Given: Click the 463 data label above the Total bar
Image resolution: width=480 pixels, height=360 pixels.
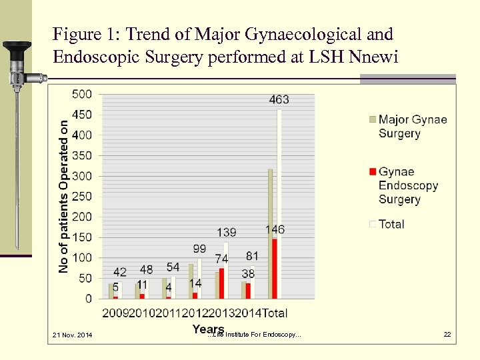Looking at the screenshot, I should (x=279, y=100).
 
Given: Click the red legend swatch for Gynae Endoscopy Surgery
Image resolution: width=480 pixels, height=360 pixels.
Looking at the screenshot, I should (x=373, y=172).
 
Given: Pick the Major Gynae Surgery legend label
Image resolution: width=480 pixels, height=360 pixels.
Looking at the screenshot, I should (x=412, y=126).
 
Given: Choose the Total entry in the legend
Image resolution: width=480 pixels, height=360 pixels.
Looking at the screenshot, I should (x=391, y=224).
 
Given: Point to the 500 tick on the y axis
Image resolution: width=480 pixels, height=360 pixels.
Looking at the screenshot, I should (x=82, y=94).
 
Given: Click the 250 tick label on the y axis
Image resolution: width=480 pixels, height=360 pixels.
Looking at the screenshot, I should (x=82, y=197).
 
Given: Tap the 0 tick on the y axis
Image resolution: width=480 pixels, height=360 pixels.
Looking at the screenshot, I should (x=88, y=299).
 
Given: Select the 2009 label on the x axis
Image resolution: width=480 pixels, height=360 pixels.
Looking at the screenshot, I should (x=115, y=313).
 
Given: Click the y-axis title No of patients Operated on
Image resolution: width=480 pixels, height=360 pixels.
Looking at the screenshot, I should (x=64, y=196).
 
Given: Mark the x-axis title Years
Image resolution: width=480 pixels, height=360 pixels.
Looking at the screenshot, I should (x=207, y=329).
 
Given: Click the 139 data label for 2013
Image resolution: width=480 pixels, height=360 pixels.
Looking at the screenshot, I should (x=226, y=233).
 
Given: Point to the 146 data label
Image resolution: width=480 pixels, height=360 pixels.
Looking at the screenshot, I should (x=275, y=229).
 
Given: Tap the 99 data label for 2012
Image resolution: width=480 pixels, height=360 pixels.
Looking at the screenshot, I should (x=199, y=249).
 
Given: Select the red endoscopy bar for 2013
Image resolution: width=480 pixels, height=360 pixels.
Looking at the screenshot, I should (x=221, y=283).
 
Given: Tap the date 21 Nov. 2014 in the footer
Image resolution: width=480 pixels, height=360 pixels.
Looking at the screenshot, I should (x=72, y=334).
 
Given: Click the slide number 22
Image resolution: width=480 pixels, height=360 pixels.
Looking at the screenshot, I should (x=448, y=334).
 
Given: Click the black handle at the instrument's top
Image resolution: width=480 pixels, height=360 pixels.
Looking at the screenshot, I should (x=17, y=47).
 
